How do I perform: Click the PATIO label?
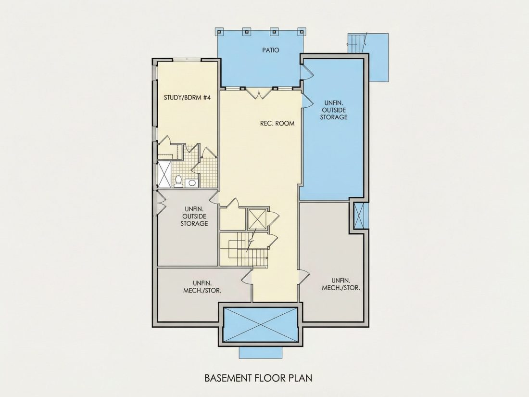(271, 51)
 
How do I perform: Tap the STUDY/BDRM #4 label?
(187, 98)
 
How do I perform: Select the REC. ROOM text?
(277, 123)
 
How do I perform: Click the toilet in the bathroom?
(178, 181)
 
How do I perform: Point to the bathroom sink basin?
(191, 183)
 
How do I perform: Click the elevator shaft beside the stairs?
(257, 220)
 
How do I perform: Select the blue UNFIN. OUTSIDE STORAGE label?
(334, 110)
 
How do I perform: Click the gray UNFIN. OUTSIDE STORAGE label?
(194, 216)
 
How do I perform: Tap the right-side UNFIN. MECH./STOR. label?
(341, 284)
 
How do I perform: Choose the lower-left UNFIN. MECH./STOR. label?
(202, 287)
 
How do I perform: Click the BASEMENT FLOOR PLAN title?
(258, 378)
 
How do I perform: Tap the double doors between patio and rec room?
(259, 93)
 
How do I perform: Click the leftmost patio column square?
(219, 32)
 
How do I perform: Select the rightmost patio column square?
(302, 32)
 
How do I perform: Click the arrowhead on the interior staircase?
(266, 258)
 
